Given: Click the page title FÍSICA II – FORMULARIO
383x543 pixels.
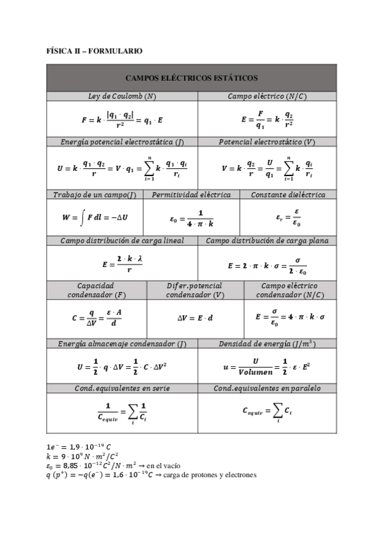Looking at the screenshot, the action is point(95,50).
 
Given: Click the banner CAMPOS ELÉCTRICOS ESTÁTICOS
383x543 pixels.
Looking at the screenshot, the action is point(191,78).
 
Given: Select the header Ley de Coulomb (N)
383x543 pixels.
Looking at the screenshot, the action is point(121,96).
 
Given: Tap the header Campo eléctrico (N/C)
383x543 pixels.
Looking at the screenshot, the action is point(267,96).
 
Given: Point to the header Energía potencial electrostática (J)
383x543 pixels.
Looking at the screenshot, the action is point(121,142).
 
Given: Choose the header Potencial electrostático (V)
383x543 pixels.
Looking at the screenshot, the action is point(267,142).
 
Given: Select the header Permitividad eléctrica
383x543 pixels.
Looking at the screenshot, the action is point(191,195).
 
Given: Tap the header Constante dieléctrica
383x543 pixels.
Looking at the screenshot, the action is point(288,195).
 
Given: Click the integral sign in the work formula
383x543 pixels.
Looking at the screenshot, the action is point(82,218).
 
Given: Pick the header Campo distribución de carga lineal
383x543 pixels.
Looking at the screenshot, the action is point(122,241).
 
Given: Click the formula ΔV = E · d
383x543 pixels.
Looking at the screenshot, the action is point(195,318).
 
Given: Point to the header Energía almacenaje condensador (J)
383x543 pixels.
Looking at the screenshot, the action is point(121,344).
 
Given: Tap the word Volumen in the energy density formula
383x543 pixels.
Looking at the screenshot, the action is point(255,371).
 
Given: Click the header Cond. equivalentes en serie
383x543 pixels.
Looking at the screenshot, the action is point(121,388).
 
